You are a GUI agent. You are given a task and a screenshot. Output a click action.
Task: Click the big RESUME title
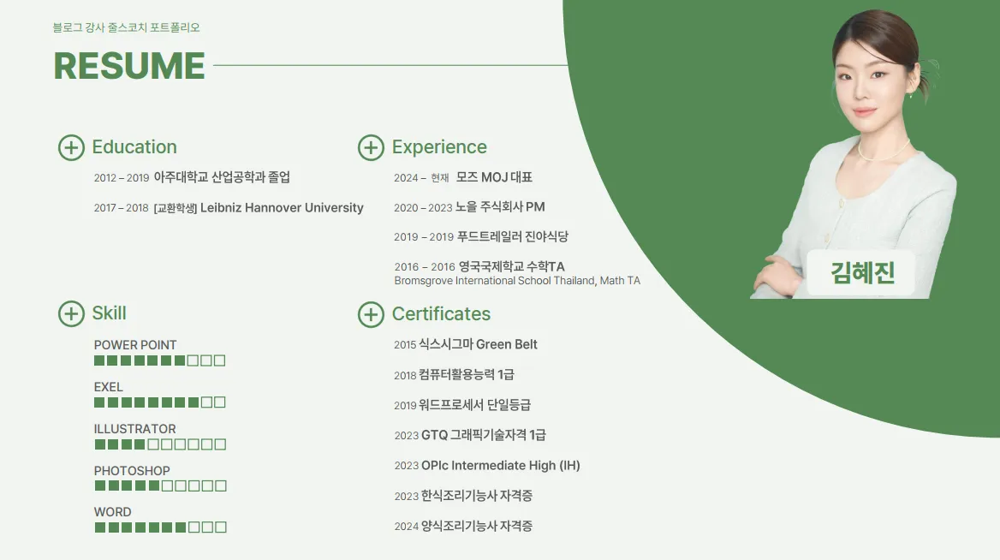129,66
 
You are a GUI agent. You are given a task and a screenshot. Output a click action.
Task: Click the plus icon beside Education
71,147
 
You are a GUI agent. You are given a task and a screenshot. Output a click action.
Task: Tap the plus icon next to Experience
371,147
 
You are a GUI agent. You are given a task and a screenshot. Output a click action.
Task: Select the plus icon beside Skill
71,313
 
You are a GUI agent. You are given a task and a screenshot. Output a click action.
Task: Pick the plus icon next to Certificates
371,314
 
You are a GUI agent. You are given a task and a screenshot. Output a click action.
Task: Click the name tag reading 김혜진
862,272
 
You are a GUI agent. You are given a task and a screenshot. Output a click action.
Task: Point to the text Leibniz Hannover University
282,208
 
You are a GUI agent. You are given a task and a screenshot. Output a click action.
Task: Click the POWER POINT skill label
135,345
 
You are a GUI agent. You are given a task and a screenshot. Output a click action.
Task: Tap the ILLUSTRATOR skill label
135,429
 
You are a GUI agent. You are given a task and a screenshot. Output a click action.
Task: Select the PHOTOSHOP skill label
132,471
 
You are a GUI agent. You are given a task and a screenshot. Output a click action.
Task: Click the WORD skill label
113,512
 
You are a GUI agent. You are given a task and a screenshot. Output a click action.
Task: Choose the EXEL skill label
109,387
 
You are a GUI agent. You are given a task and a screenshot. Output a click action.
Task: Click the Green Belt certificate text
506,344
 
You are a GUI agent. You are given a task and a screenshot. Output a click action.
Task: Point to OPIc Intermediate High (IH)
500,466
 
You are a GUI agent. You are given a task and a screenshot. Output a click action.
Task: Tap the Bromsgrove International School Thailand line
517,281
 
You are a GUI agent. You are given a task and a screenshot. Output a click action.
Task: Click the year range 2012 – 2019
122,178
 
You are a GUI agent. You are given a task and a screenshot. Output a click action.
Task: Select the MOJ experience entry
494,177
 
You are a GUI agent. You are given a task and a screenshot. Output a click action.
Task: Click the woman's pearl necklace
884,155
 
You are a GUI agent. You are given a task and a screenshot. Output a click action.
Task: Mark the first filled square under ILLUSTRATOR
100,444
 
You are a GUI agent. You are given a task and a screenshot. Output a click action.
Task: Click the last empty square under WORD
221,527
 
